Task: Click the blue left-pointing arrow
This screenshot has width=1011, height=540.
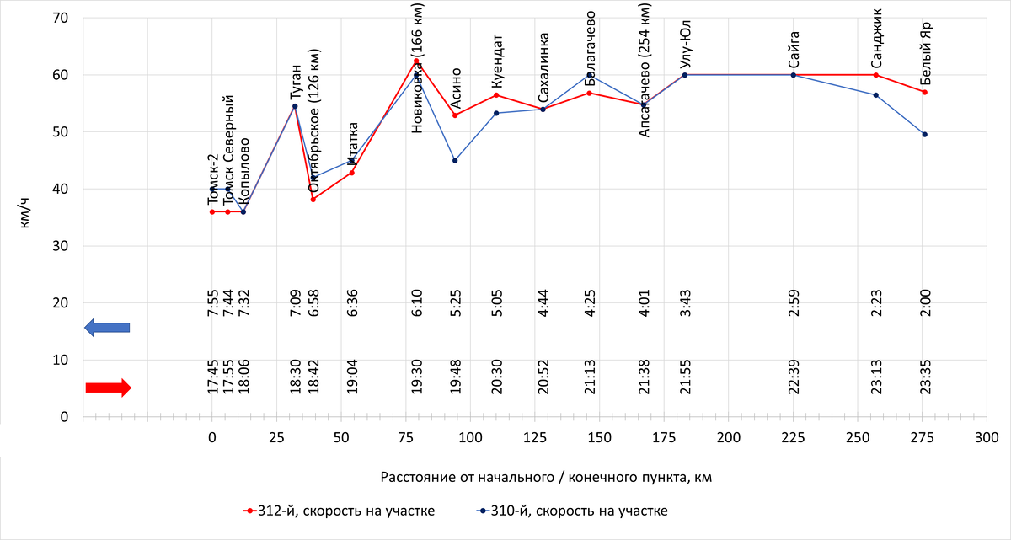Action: pos(107,328)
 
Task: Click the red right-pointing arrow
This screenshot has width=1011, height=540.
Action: pos(108,388)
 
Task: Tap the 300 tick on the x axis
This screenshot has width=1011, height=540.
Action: pos(987,437)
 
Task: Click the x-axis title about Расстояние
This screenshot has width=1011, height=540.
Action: pos(546,478)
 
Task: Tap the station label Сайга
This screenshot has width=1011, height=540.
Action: pos(794,49)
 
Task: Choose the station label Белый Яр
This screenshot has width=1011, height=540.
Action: pos(925,52)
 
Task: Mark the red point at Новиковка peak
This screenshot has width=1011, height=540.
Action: pos(416,61)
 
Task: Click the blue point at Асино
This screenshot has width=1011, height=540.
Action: pos(455,160)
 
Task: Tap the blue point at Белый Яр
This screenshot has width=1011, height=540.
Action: pos(924,134)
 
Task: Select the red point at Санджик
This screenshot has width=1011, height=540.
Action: pos(876,75)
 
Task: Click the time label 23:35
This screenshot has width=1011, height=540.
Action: pos(925,377)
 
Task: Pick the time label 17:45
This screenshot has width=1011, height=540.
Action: pos(212,377)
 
